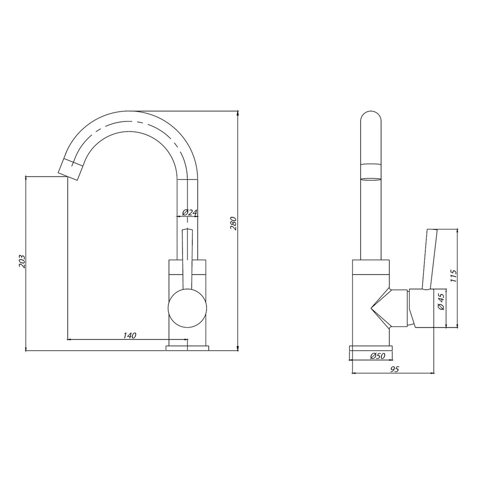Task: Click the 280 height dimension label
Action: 233,224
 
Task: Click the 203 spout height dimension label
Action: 22,261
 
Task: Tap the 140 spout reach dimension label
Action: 130,335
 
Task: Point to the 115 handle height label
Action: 453,276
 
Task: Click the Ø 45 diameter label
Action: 441,302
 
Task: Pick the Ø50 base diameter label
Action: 378,356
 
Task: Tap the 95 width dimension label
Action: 395,369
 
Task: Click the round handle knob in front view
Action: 187,308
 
